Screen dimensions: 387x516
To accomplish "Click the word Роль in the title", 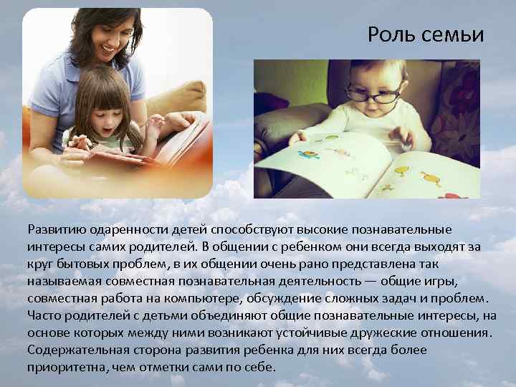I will [x=390, y=35].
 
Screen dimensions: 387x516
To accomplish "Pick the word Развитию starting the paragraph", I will [x=57, y=230].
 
